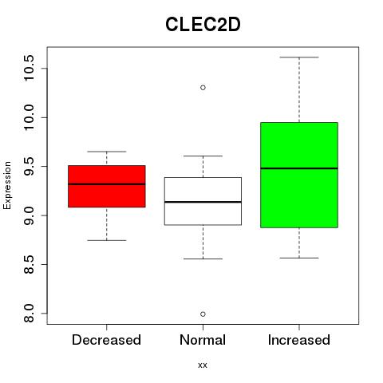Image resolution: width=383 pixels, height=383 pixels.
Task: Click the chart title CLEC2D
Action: click(x=203, y=25)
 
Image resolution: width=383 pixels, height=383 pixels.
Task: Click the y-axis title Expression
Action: click(x=7, y=185)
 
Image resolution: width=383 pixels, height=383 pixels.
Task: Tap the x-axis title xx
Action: click(x=203, y=365)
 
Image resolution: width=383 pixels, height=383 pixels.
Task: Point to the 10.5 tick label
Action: click(x=29, y=68)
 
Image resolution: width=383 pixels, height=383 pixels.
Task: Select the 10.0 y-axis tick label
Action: click(x=29, y=117)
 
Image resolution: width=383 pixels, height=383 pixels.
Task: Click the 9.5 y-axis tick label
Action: click(x=29, y=166)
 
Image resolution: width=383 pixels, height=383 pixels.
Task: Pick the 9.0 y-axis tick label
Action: click(x=29, y=215)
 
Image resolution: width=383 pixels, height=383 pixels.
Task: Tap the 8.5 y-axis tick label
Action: click(x=29, y=264)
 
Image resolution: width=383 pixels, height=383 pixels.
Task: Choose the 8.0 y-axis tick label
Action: click(x=29, y=314)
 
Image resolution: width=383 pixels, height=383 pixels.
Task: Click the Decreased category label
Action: click(x=106, y=340)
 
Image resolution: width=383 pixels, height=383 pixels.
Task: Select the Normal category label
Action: click(x=203, y=340)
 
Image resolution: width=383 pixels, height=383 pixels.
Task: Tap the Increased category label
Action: click(x=299, y=340)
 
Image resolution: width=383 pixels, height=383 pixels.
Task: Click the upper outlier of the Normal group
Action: click(x=203, y=88)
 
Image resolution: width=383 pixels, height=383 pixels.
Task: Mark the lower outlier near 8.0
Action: click(x=203, y=314)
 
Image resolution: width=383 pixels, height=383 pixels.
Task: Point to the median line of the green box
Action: click(x=299, y=168)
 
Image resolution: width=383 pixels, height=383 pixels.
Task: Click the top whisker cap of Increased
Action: click(x=299, y=57)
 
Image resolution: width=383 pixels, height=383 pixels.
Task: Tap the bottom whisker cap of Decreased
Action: click(x=107, y=240)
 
